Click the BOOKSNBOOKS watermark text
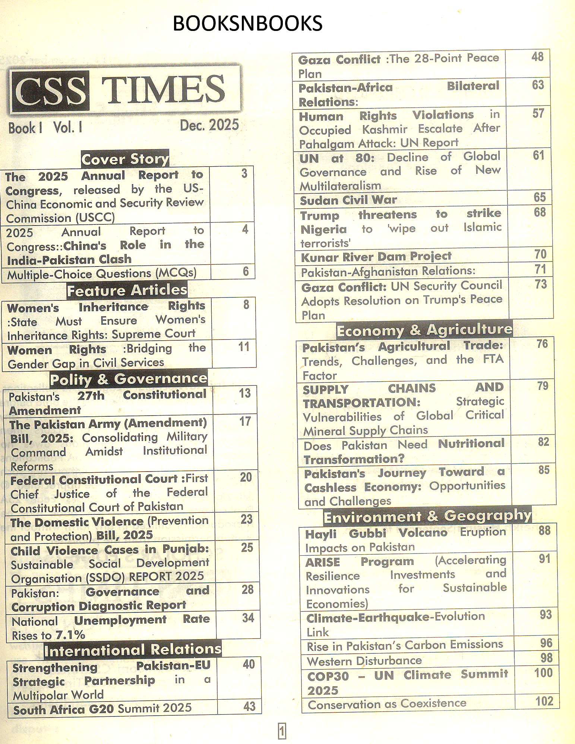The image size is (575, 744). click(x=247, y=23)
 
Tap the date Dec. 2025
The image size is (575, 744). click(x=209, y=125)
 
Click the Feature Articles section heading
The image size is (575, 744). click(x=127, y=290)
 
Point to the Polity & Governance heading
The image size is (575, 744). click(x=129, y=379)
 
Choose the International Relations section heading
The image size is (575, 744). click(x=133, y=650)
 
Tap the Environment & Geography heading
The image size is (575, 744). click(x=427, y=516)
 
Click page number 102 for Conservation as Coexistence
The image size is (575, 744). click(x=544, y=702)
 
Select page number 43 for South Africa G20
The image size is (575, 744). click(x=249, y=707)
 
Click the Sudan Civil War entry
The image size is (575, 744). click(x=348, y=200)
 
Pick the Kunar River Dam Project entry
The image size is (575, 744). click(x=376, y=257)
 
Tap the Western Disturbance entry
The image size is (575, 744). click(x=364, y=661)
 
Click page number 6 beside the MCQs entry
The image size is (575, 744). click(x=246, y=271)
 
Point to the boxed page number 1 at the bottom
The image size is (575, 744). click(x=282, y=731)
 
